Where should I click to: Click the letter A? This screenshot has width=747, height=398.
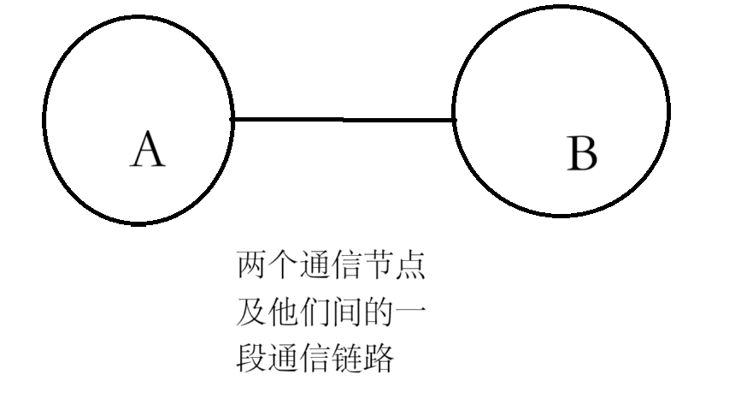(x=147, y=151)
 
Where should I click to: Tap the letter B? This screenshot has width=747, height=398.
(x=582, y=156)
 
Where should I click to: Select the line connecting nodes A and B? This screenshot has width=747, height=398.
(x=343, y=119)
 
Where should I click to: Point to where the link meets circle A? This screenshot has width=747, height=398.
(x=233, y=119)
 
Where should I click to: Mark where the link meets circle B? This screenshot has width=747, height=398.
(x=453, y=120)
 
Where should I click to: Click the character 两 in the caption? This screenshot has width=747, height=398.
(x=251, y=267)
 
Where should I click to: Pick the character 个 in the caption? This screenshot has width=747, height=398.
(x=283, y=267)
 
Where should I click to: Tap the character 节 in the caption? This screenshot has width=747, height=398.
(x=379, y=267)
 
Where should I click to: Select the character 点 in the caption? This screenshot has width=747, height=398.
(x=411, y=267)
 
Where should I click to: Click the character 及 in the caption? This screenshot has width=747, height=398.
(x=251, y=313)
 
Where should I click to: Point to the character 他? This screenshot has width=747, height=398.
(x=283, y=313)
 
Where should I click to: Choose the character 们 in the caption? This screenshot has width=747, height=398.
(x=315, y=313)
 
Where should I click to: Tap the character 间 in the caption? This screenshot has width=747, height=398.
(x=347, y=313)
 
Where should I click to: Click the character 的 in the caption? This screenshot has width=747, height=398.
(x=379, y=313)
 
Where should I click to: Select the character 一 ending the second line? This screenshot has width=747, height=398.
(x=411, y=313)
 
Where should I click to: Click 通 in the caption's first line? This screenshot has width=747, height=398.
(x=315, y=267)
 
